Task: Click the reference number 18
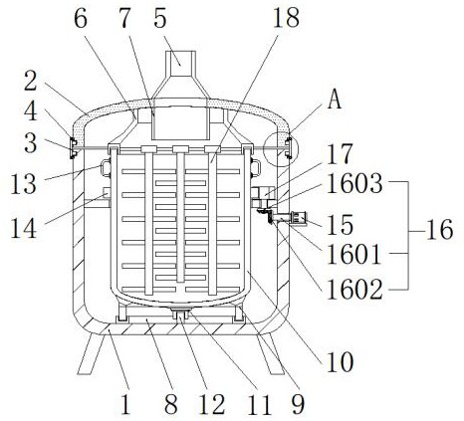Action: [x=286, y=18]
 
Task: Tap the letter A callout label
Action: [x=335, y=100]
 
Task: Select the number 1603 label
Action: [x=354, y=184]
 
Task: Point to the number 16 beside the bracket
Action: [x=439, y=230]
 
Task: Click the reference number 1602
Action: [x=354, y=290]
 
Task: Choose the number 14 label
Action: [x=24, y=228]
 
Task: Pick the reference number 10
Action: [x=341, y=362]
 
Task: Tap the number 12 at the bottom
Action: [x=212, y=404]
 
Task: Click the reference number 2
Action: [x=30, y=82]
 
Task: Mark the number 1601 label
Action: [x=353, y=255]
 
